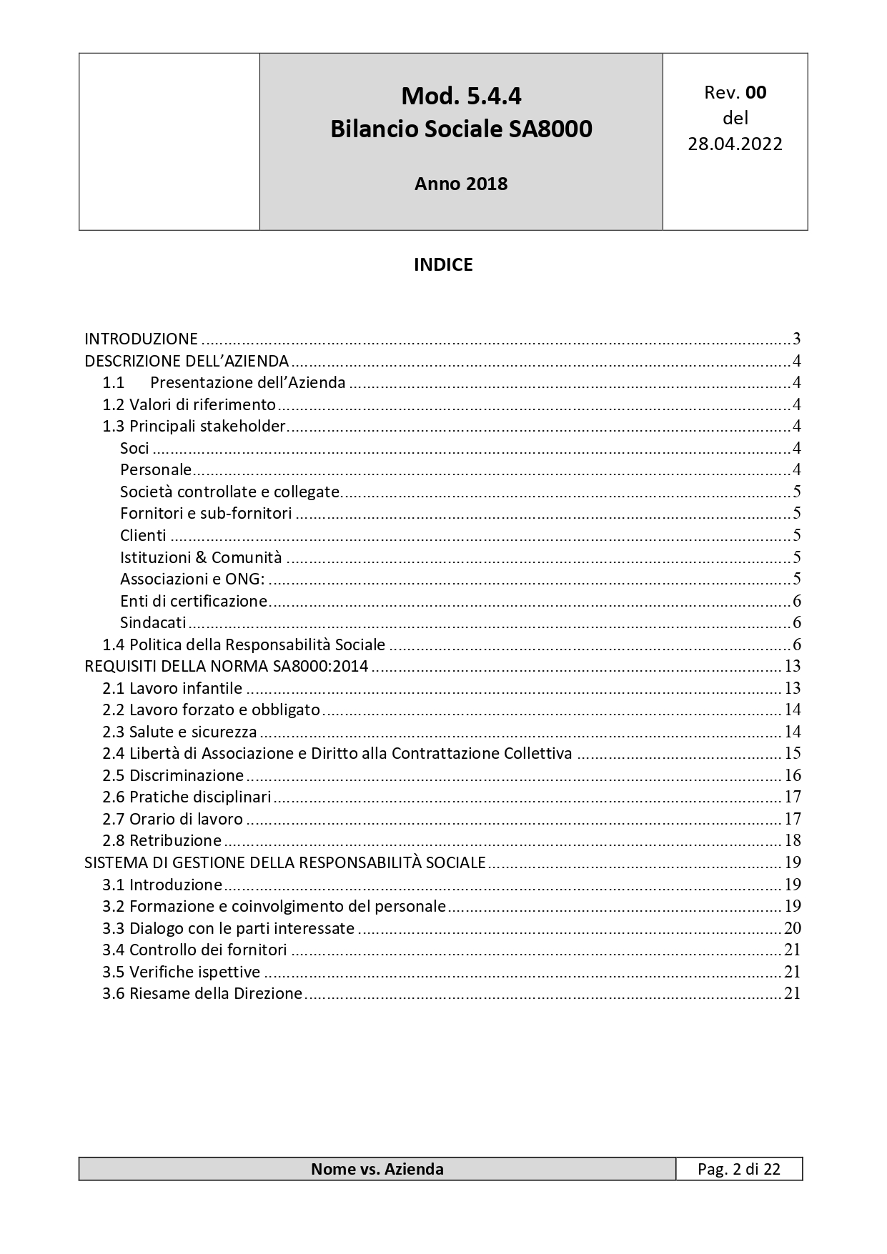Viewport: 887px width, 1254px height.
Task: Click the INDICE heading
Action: [443, 264]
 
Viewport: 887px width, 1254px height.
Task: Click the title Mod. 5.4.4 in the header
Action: [461, 96]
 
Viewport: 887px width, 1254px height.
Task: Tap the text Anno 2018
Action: [461, 184]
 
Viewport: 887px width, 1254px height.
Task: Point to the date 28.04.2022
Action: [735, 144]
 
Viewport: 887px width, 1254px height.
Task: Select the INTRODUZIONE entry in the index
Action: [142, 339]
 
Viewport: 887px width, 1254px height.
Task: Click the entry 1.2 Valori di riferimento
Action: [189, 404]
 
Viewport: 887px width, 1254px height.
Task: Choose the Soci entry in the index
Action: [134, 448]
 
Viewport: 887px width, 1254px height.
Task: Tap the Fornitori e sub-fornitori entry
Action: [206, 513]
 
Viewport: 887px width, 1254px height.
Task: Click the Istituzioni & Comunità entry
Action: [201, 557]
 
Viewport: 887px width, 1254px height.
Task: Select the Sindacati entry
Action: [153, 622]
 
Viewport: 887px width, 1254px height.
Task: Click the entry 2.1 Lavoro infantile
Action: [172, 688]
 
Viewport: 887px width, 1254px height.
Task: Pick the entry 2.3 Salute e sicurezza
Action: [179, 732]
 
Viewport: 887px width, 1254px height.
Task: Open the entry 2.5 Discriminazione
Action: [173, 775]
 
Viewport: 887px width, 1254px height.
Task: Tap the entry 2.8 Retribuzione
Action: [162, 840]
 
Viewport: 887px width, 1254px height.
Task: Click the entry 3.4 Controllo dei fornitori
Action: [194, 950]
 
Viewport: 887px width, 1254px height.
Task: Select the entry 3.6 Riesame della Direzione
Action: [202, 993]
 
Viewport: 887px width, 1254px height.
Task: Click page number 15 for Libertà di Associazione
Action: [792, 753]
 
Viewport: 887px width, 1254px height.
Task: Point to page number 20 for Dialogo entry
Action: [792, 928]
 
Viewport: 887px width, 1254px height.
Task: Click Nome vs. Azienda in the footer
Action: [377, 1169]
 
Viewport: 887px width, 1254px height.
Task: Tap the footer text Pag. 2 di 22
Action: [739, 1169]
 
